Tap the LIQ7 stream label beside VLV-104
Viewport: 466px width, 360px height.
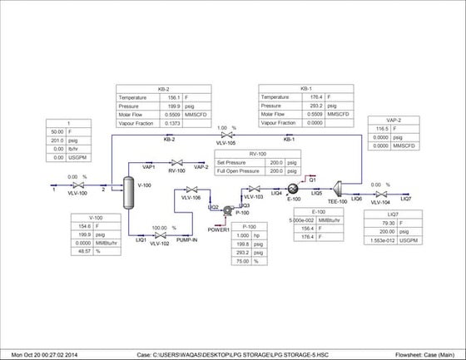click(x=405, y=200)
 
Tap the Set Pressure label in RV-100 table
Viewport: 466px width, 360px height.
click(x=235, y=164)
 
